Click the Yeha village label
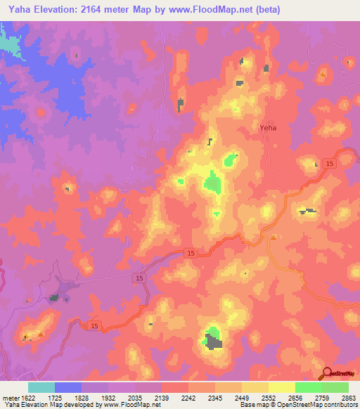[x=268, y=128]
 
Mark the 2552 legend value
[x=269, y=397]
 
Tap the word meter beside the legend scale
[x=10, y=397]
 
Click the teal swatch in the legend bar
[x=41, y=387]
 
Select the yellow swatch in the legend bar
[x=281, y=387]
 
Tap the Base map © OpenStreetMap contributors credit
[x=298, y=405]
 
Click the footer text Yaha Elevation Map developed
[x=56, y=405]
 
